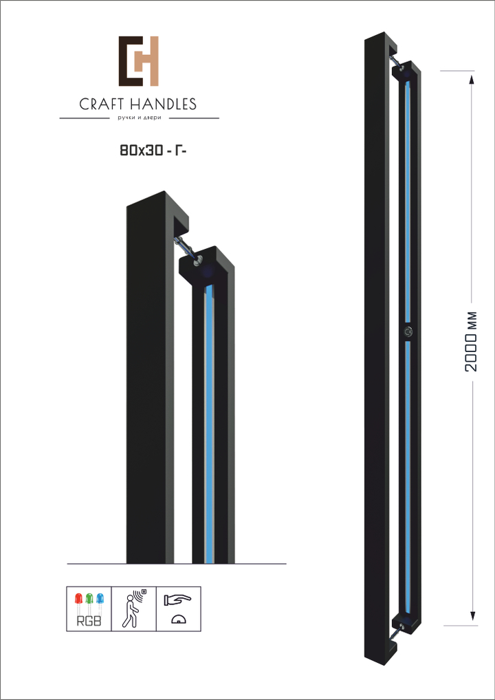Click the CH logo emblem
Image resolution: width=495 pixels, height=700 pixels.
coord(139,61)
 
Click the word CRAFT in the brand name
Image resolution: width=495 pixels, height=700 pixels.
coord(102,105)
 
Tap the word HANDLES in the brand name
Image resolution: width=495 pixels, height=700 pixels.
coord(164,105)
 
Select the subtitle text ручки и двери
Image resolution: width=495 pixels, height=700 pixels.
coord(138,118)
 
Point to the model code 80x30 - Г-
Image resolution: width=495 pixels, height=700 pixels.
coord(153,151)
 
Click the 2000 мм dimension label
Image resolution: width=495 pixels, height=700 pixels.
coord(472,341)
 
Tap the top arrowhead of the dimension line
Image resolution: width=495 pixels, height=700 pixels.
coord(472,80)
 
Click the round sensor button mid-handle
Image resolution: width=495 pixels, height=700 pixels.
coord(408,331)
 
